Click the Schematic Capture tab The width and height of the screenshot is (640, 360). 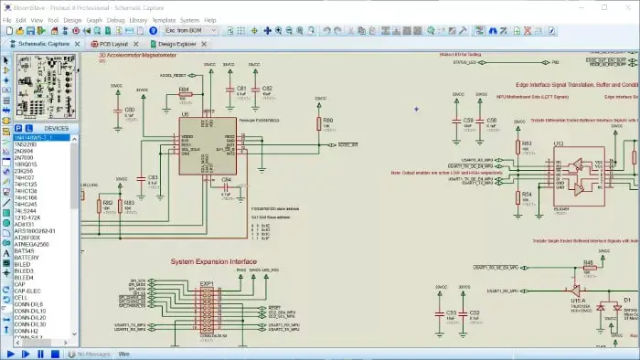tap(42, 43)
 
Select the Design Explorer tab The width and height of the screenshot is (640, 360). tap(176, 43)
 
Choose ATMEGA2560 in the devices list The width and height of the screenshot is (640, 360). tap(33, 244)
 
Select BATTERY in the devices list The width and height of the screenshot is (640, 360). tap(27, 258)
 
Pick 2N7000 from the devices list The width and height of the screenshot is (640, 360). tap(26, 157)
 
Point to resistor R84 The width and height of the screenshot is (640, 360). tap(184, 96)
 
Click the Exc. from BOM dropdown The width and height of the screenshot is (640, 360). tap(190, 30)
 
